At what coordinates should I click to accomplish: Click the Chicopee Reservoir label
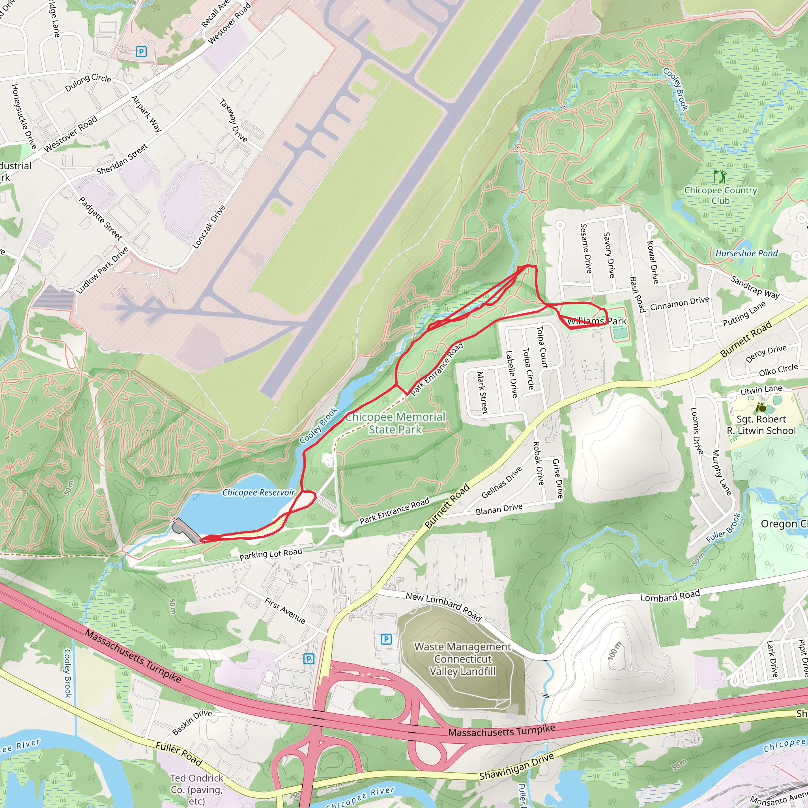pos(258,492)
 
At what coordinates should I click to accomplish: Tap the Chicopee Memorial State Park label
pos(395,423)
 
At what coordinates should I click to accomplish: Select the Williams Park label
pos(597,321)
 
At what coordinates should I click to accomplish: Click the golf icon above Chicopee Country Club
pos(720,176)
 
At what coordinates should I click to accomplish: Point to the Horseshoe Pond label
pos(746,253)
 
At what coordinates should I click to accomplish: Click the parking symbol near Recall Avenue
pos(141,52)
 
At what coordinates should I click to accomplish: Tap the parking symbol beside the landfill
pos(386,639)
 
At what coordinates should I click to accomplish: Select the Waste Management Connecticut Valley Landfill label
pos(462,659)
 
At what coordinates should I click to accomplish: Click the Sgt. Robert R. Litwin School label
pos(761,425)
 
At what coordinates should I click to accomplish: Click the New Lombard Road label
pos(444,606)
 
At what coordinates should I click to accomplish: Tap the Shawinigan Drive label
pos(516,766)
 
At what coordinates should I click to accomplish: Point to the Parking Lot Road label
pos(271,554)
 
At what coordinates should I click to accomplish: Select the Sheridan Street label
pos(122,159)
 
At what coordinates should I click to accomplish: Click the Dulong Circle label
pos(88,82)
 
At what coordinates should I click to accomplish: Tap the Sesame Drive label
pos(586,249)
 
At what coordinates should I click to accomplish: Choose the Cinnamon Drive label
pos(679,304)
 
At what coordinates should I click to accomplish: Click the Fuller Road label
pos(179,754)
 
